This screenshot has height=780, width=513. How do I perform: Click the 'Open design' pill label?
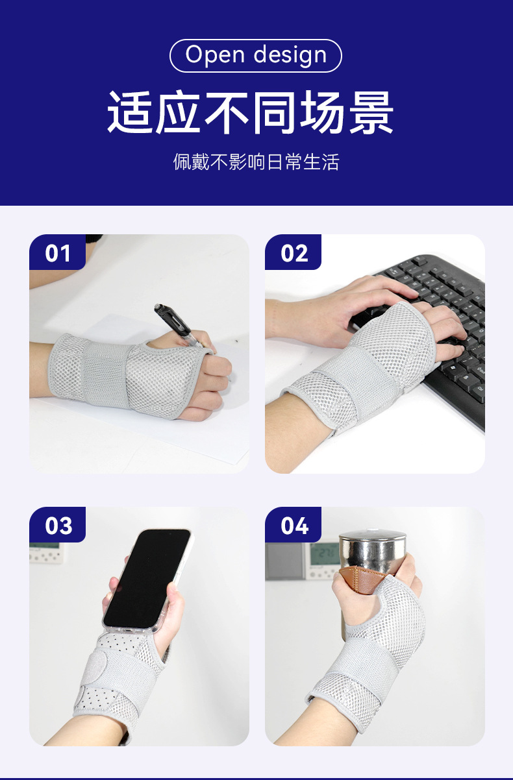[x=256, y=56]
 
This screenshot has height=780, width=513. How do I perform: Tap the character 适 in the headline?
[x=131, y=112]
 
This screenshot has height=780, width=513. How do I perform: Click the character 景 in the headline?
[x=371, y=112]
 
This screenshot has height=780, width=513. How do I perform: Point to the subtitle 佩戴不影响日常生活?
[x=256, y=162]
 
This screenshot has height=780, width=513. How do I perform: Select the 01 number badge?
[x=58, y=252]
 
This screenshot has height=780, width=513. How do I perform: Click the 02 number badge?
[x=293, y=252]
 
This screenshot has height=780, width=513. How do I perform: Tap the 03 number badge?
[x=58, y=525]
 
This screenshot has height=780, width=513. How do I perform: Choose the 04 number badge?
[x=293, y=525]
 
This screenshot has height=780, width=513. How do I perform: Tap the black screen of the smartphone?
[x=146, y=578]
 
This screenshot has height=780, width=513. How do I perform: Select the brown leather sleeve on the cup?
[x=362, y=579]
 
